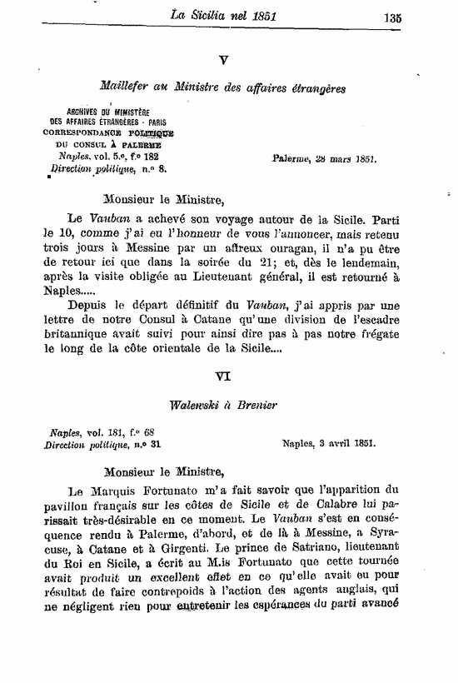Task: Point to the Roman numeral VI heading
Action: (x=223, y=376)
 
